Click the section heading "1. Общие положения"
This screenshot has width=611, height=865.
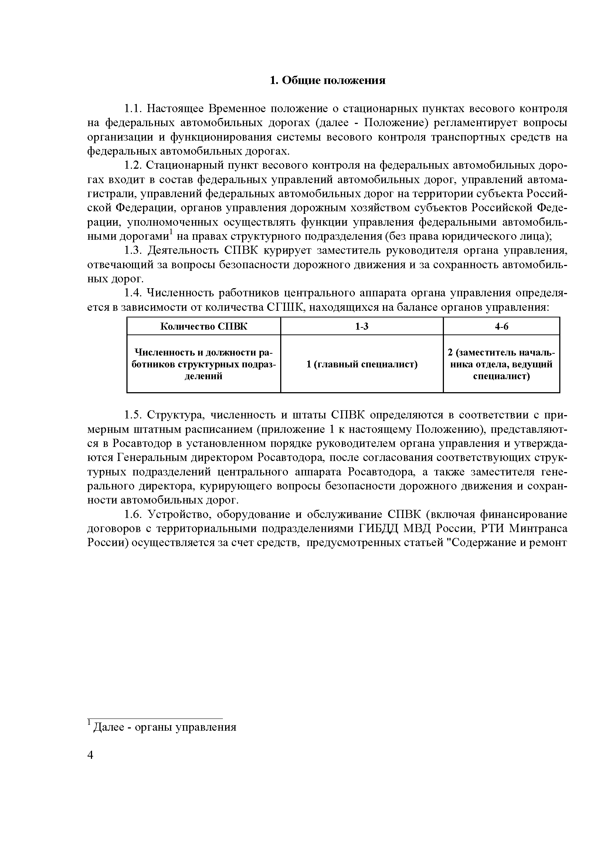(327, 80)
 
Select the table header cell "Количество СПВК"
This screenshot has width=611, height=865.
(204, 326)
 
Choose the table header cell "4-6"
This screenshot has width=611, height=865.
(501, 326)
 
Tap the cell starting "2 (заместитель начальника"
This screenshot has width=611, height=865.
(501, 364)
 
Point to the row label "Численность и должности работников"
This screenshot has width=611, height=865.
(204, 364)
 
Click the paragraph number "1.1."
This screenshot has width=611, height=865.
(132, 109)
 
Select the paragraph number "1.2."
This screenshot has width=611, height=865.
(132, 165)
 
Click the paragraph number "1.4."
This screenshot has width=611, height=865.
(132, 293)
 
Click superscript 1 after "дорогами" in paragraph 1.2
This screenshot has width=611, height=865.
(171, 231)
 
